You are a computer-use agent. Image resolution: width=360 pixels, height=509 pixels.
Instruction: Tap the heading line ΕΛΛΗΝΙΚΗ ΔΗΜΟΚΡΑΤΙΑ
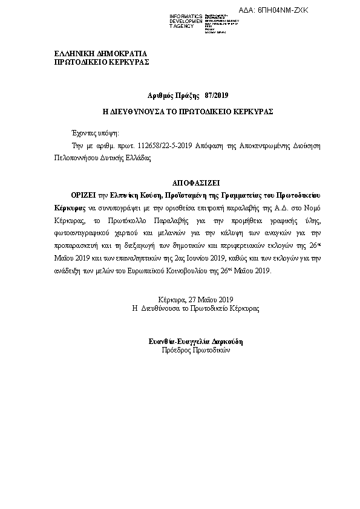[100, 53]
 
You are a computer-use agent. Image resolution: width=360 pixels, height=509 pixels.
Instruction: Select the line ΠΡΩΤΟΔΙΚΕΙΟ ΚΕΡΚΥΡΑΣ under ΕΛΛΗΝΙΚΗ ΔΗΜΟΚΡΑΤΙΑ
[102, 62]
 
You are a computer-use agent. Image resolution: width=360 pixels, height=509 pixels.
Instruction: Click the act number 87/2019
[217, 96]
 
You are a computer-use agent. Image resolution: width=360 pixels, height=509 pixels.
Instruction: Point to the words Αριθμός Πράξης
[174, 96]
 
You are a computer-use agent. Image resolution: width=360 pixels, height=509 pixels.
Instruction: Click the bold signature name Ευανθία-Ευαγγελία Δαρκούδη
[196, 342]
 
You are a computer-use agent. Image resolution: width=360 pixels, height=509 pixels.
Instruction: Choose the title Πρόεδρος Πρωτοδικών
[196, 350]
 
